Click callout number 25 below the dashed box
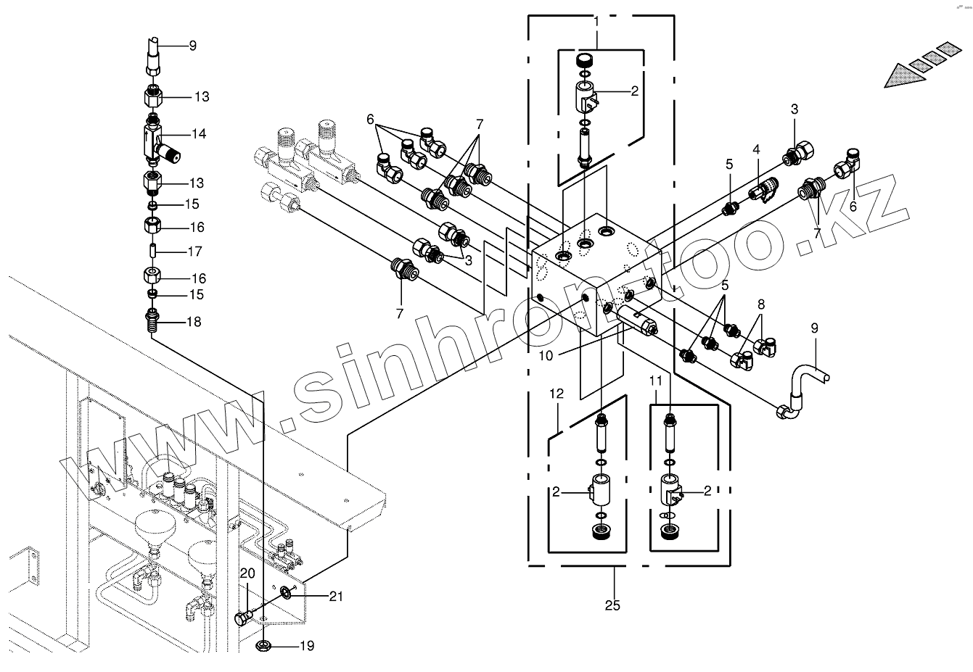[x=613, y=605]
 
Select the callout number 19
[x=307, y=645]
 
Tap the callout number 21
[x=334, y=597]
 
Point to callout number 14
[x=198, y=134]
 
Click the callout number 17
[x=194, y=252]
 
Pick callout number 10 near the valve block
[x=546, y=355]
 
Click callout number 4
[x=756, y=149]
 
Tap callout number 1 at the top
[x=596, y=22]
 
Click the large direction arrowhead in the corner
[x=907, y=74]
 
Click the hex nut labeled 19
[x=265, y=645]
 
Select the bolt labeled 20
[x=242, y=618]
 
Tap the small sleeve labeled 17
[x=154, y=252]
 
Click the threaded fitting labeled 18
[x=152, y=320]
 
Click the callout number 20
[x=247, y=573]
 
